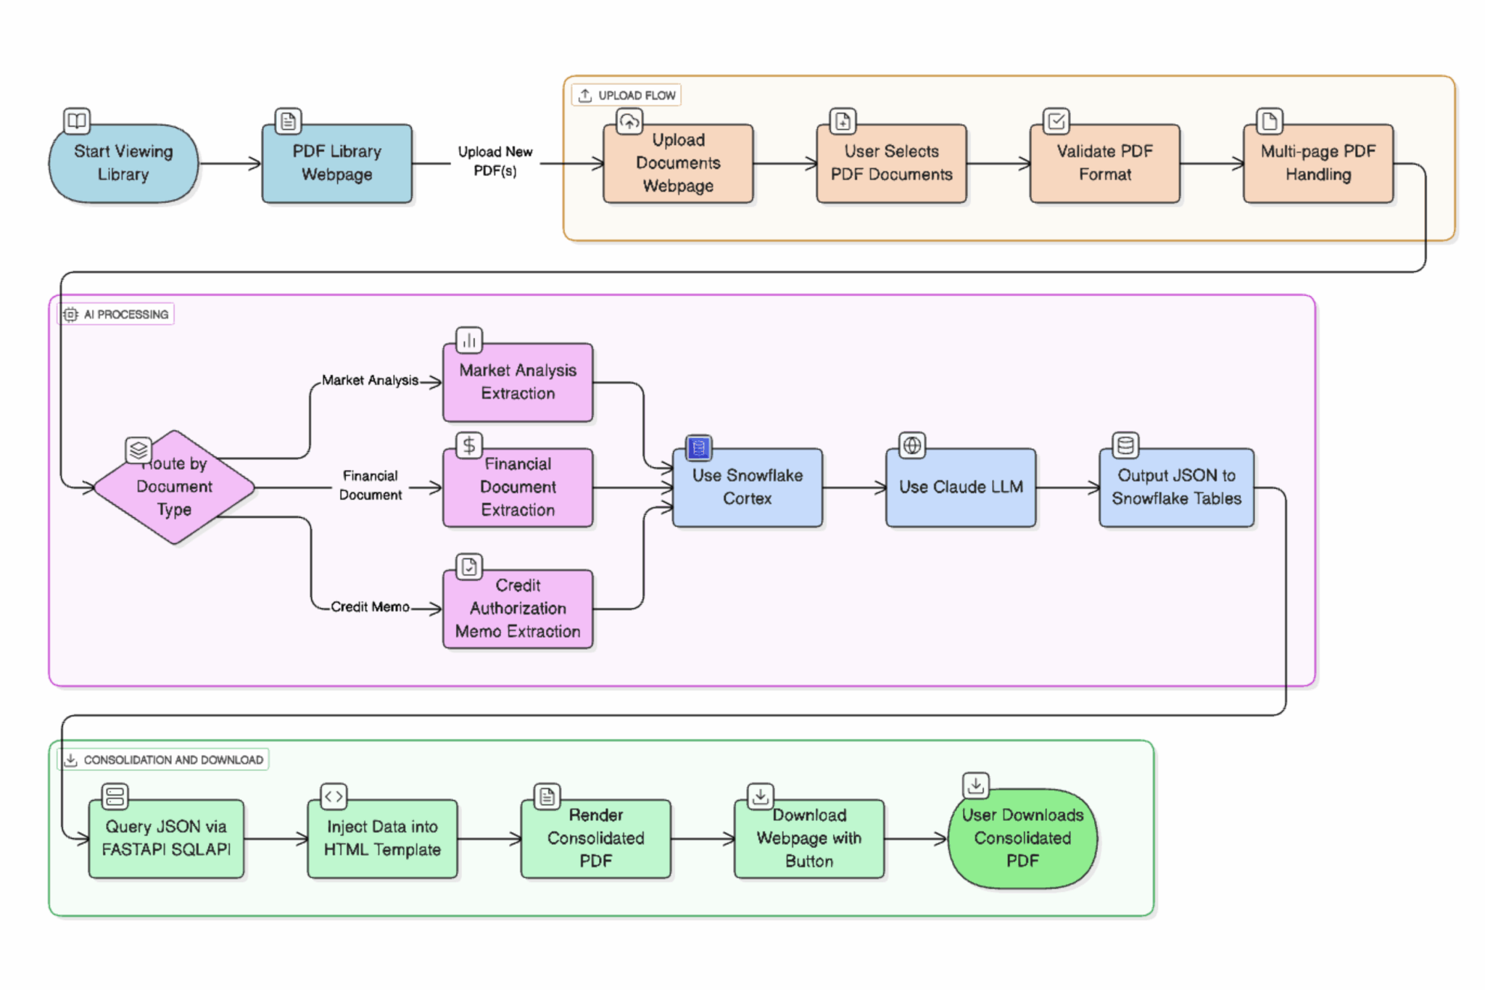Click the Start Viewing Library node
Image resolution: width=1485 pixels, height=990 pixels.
click(x=123, y=163)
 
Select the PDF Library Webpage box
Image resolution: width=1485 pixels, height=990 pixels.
click(x=336, y=163)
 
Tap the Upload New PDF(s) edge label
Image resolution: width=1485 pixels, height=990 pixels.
click(x=495, y=161)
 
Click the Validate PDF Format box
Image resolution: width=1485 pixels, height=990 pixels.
click(x=1104, y=163)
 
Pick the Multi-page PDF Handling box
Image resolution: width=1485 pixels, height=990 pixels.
click(x=1318, y=163)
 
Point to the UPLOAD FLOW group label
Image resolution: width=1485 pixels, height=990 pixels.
click(x=627, y=95)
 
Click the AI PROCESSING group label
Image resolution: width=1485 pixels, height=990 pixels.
click(x=117, y=314)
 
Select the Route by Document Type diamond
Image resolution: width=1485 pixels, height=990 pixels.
click(x=174, y=487)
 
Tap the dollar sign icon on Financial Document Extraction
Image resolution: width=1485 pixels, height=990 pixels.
click(x=469, y=445)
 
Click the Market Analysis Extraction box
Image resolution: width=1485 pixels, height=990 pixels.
click(x=518, y=382)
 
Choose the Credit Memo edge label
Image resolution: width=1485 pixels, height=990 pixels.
click(x=370, y=607)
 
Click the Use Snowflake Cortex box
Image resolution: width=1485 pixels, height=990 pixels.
click(x=747, y=487)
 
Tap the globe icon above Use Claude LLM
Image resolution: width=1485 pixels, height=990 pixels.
click(x=912, y=445)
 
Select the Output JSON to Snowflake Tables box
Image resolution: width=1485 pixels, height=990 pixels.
click(x=1176, y=487)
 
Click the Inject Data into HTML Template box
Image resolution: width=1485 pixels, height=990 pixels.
click(x=382, y=838)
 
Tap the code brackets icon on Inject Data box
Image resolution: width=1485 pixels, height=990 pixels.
click(x=334, y=796)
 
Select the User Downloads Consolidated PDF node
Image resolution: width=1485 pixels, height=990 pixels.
click(x=1022, y=838)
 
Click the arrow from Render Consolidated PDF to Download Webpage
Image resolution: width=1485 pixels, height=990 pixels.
click(x=702, y=839)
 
